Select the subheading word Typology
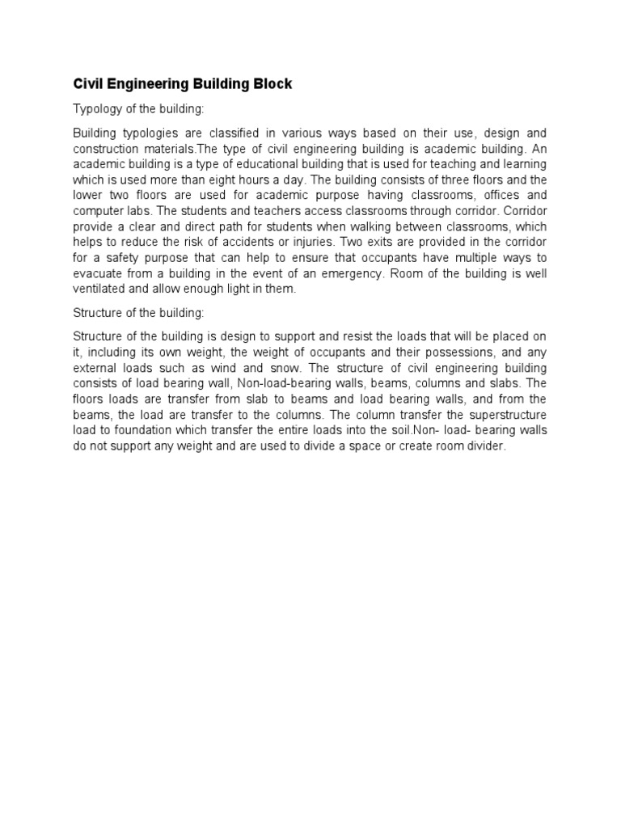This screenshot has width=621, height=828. click(96, 108)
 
